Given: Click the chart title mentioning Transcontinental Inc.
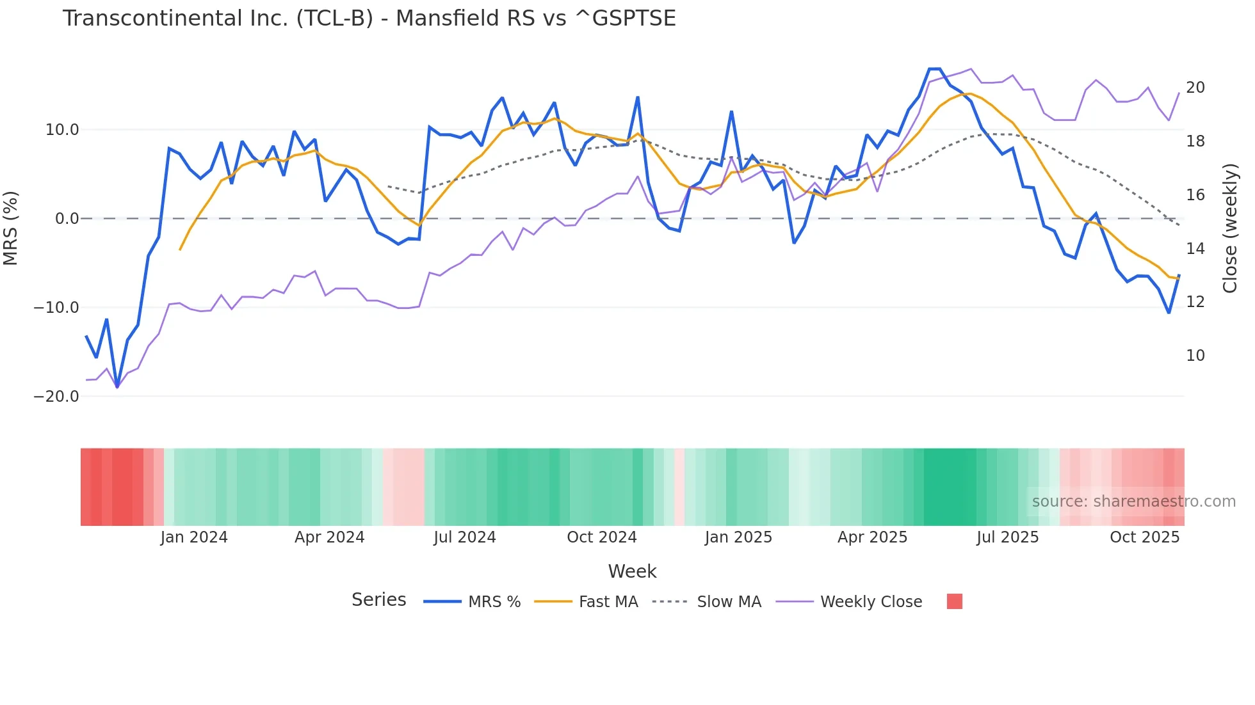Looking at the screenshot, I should [369, 19].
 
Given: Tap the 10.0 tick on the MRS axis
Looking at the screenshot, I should [62, 130].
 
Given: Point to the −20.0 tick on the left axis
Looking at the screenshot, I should [56, 397].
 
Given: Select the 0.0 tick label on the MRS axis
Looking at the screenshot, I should [67, 219].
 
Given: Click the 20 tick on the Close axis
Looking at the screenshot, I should [1195, 88].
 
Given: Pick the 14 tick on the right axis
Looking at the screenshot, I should [1195, 248].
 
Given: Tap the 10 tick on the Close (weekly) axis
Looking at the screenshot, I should [1195, 356].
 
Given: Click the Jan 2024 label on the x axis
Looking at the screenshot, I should [194, 537].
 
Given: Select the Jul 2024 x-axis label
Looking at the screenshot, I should [465, 537].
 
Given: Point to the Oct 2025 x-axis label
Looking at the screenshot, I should [1144, 537].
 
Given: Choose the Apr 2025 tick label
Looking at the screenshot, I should [872, 537].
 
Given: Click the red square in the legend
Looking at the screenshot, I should [954, 601].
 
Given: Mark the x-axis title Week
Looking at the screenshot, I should [632, 571].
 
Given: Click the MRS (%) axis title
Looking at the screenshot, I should [11, 228].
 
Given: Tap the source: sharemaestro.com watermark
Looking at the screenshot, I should [1133, 502].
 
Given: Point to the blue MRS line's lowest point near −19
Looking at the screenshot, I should [117, 386].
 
